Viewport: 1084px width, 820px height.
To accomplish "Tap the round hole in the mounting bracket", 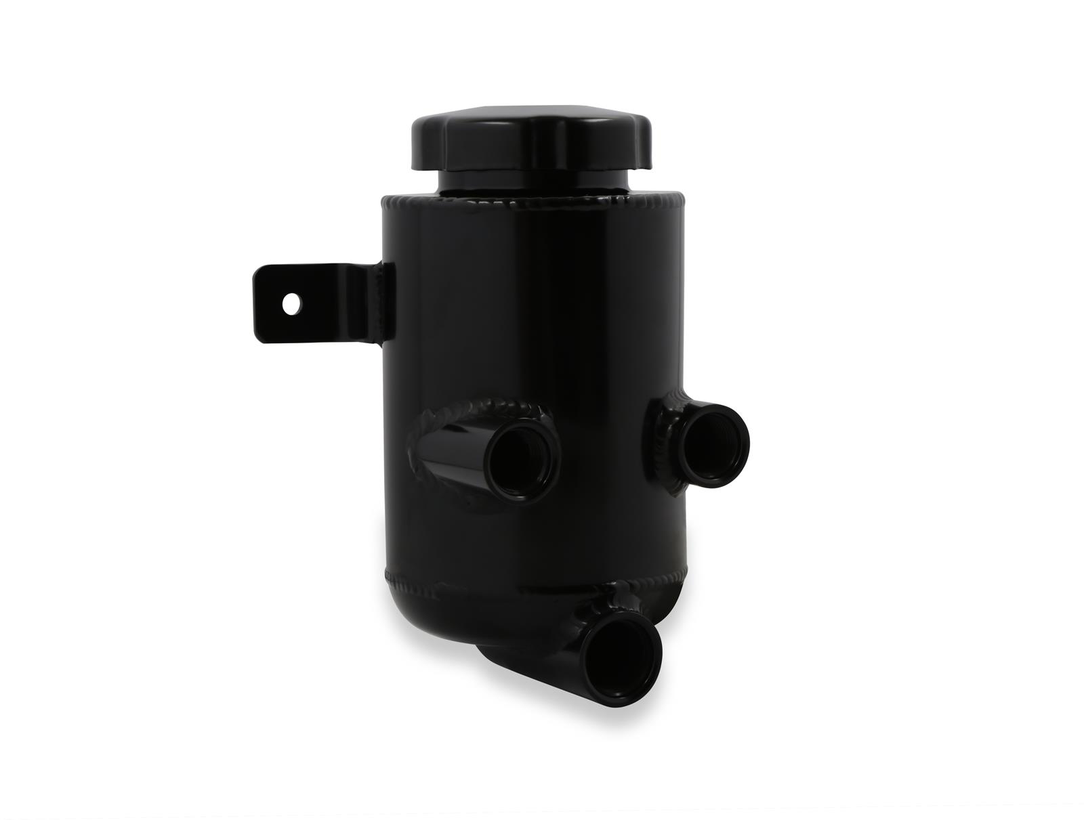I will click(292, 303).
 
